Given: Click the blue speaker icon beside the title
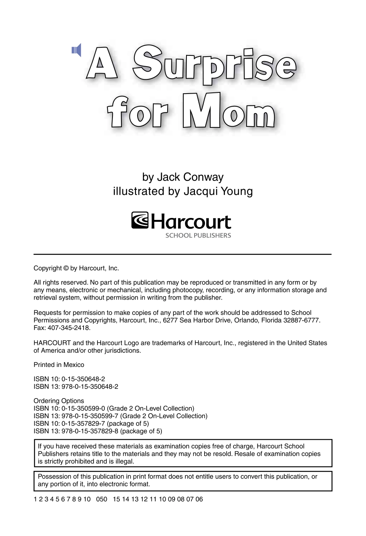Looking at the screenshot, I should click(77, 50).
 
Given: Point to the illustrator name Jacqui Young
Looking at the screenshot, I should click(218, 191).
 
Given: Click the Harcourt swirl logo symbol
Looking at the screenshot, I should click(140, 220).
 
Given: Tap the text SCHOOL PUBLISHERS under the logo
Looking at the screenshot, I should click(198, 236).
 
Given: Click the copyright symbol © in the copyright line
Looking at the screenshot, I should click(66, 268).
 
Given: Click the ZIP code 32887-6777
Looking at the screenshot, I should click(301, 320).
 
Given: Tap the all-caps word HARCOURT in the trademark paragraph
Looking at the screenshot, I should click(52, 343).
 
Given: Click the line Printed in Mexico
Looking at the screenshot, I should click(59, 365).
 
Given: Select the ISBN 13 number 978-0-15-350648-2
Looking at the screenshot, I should click(90, 387).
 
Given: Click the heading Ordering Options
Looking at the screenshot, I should click(59, 401).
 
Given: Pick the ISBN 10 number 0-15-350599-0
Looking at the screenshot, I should click(83, 409).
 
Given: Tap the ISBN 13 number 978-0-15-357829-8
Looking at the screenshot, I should click(90, 431).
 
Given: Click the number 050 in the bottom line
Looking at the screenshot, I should click(102, 499).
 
